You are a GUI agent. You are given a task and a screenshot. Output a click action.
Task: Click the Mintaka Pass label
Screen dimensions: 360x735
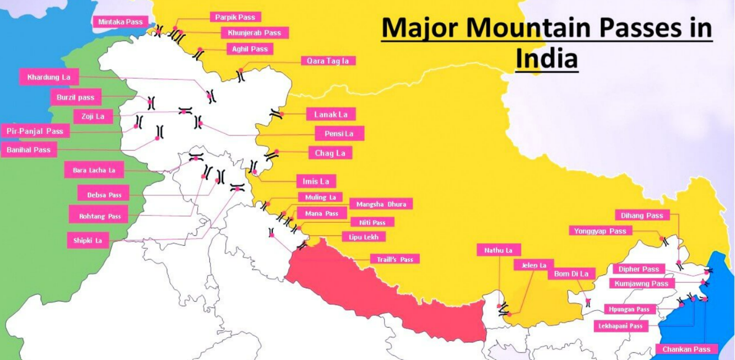tap(120, 22)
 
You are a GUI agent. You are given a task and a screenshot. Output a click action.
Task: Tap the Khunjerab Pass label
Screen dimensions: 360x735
tap(254, 33)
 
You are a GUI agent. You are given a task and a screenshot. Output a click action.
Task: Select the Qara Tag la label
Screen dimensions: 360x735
tap(328, 61)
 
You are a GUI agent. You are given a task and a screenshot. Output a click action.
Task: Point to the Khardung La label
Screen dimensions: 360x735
tap(49, 77)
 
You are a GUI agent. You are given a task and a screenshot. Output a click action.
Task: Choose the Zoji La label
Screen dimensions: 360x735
tap(93, 116)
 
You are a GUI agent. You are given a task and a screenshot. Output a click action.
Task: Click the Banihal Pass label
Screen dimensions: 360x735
tap(29, 150)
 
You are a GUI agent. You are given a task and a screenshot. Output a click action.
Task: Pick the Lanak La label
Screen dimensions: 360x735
tap(331, 115)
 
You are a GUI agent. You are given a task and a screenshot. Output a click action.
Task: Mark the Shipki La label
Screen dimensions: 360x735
tap(88, 241)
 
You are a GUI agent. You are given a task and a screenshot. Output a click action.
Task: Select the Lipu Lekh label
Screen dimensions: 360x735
tap(363, 237)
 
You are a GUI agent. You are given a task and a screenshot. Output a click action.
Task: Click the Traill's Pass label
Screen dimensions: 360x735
tap(394, 259)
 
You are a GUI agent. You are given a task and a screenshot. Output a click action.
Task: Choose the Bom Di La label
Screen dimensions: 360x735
tap(571, 274)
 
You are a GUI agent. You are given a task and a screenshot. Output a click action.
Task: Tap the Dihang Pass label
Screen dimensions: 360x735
tap(642, 216)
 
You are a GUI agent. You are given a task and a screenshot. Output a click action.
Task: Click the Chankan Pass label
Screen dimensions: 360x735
tap(687, 350)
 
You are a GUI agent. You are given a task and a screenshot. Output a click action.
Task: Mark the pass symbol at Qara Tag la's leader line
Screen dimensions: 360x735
tap(241, 76)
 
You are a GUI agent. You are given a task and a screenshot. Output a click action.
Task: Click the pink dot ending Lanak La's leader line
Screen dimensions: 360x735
tap(282, 114)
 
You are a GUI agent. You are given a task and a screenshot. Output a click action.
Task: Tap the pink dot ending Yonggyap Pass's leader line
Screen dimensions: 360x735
tap(661, 239)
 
